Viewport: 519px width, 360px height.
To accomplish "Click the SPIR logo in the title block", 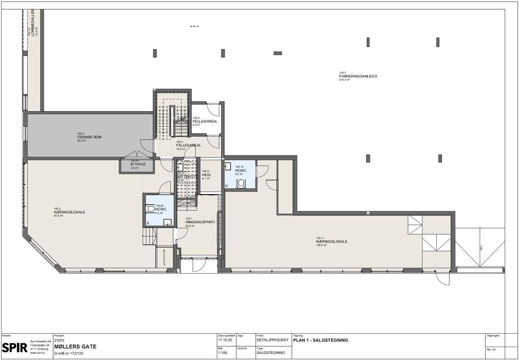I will pos(15,347).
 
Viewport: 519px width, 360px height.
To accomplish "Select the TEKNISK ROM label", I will pos(89,137).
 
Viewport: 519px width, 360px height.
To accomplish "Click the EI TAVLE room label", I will pos(138,164).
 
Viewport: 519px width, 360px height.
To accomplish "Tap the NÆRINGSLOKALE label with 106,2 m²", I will pos(332,242).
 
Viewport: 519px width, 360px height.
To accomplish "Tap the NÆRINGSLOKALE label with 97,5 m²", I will pos(69,212).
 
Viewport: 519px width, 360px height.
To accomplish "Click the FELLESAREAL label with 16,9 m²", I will pos(189,145).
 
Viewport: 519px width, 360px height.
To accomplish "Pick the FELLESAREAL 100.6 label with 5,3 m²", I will pos(205,121).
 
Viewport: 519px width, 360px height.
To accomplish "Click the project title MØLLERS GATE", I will pos(75,347).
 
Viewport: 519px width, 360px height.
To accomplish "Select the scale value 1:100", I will pos(223,353).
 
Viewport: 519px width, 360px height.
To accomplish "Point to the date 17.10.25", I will pos(225,340).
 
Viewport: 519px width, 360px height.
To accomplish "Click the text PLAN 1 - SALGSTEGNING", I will pos(320,340).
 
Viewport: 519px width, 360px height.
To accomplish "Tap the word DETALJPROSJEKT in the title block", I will pos(272,340).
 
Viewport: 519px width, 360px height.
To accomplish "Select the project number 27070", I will pos(59,341).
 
